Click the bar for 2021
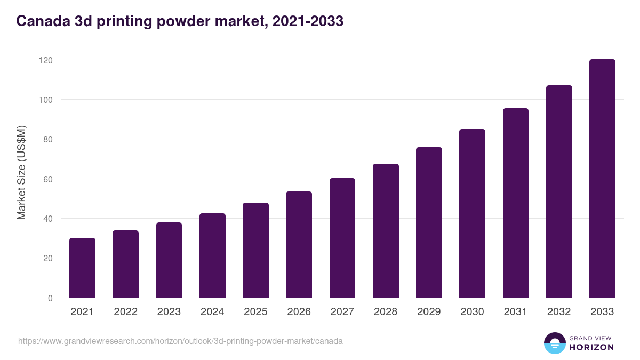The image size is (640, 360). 82,268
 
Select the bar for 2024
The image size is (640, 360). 212,255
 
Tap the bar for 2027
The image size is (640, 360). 342,238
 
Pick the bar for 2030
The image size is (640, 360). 472,213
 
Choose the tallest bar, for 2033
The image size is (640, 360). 602,179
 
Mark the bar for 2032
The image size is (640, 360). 559,191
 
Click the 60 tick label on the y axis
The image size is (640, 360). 48,179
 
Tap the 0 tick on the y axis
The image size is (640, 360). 50,298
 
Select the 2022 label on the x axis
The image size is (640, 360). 125,312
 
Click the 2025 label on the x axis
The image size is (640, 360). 255,312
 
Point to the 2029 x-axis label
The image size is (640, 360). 429,312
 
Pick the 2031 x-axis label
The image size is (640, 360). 516,312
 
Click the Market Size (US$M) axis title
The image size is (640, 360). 21,173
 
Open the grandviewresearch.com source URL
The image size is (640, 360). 180,341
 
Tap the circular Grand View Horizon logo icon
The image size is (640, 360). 554,343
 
